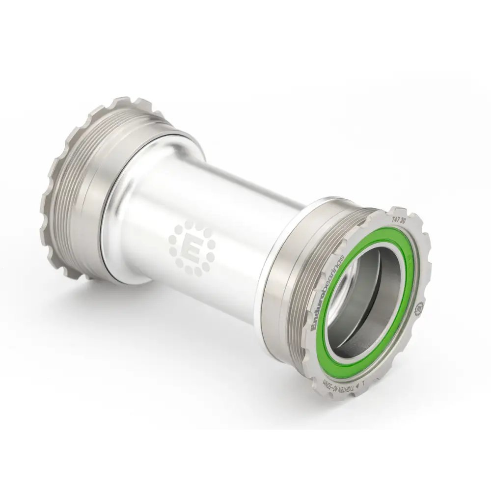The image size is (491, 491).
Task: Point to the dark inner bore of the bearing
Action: pyautogui.click(x=363, y=304)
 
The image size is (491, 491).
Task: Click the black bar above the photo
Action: pyautogui.click(x=245, y=29)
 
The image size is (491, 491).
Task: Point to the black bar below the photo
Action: pyautogui.click(x=245, y=462)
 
